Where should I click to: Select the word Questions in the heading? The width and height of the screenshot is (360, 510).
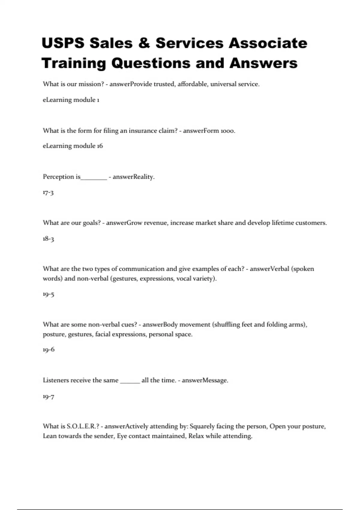coord(151,63)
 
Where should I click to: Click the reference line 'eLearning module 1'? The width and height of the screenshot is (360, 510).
coord(71,100)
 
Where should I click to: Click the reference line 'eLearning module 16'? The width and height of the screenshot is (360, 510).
coord(73,146)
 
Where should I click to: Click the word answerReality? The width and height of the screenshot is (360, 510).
coord(133,177)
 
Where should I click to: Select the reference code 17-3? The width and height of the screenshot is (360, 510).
coord(48,192)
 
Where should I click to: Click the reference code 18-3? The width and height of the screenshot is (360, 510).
coord(48,239)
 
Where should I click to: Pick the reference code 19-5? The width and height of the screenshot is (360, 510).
coord(48,294)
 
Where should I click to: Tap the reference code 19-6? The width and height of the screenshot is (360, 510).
coord(49,349)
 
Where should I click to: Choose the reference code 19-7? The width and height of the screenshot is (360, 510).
coord(48,397)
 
